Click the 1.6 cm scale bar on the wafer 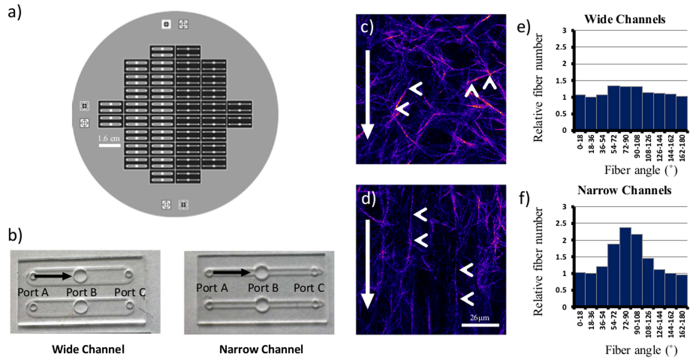(x=109, y=146)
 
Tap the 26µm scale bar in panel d (x=480, y=325)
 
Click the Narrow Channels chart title (x=628, y=191)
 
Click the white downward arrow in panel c (x=365, y=96)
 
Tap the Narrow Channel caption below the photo (x=261, y=350)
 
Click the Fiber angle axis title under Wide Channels (x=628, y=172)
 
